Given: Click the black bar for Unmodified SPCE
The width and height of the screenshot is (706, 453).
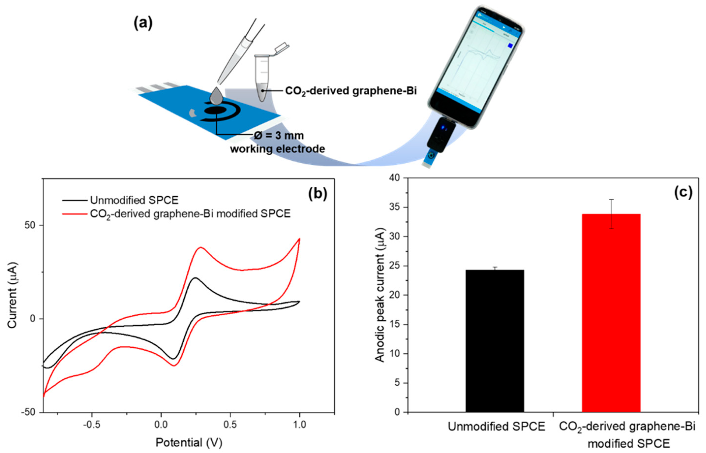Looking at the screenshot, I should [x=495, y=341].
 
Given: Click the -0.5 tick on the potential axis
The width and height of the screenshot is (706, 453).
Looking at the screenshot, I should [x=91, y=425].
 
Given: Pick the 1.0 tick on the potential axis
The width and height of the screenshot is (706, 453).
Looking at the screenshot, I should [x=299, y=425].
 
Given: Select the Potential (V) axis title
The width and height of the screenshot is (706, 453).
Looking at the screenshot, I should [x=189, y=442].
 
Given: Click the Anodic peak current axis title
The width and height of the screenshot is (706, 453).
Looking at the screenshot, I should [x=380, y=295].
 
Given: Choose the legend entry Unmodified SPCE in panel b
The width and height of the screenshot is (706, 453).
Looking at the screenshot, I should [x=134, y=200].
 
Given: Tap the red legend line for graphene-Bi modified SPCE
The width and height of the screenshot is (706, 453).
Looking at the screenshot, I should [x=75, y=214].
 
